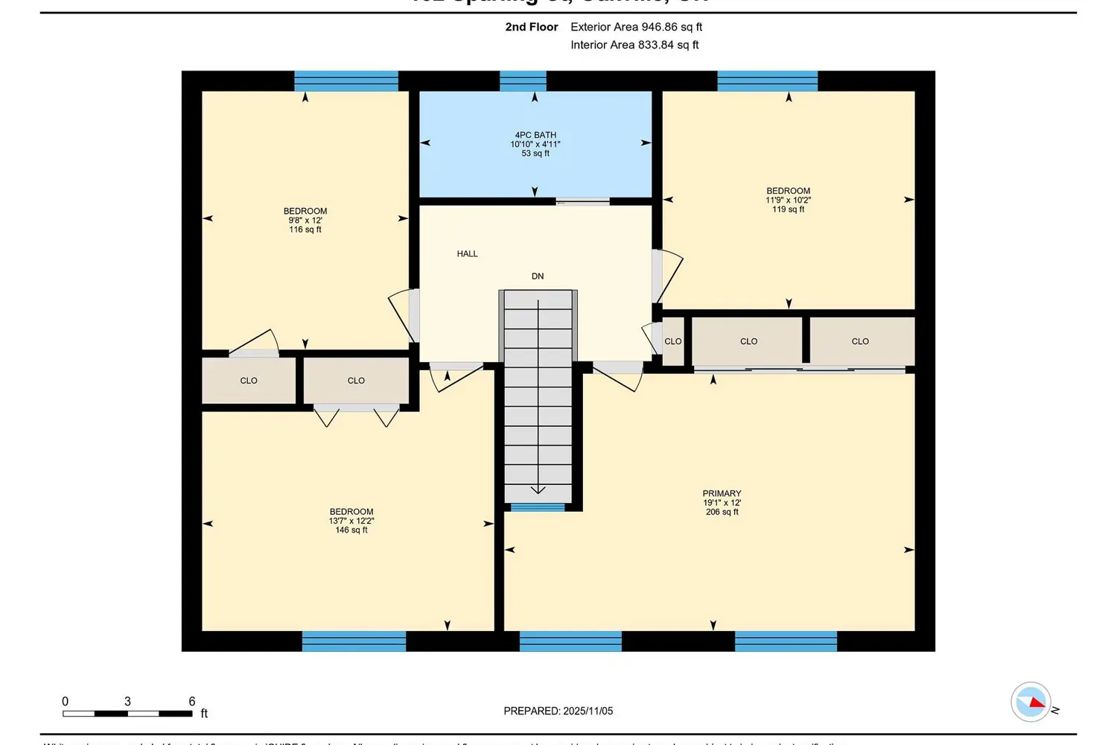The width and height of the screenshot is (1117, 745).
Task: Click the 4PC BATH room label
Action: (535, 144)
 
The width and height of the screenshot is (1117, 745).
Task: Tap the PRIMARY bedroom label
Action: (722, 503)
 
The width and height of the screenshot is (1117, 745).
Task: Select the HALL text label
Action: (467, 254)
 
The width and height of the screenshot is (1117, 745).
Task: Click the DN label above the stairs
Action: (538, 276)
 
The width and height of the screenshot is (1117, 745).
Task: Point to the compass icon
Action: (1031, 702)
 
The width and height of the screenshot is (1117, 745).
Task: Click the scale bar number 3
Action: (127, 702)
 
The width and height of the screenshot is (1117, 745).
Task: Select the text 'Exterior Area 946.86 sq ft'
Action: (636, 27)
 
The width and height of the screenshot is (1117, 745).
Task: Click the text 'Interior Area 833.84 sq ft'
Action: (634, 45)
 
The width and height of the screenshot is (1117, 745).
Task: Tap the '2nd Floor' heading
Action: (531, 27)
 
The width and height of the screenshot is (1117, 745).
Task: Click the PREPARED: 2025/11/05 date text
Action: (558, 711)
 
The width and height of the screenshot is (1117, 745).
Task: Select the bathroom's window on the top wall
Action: (523, 81)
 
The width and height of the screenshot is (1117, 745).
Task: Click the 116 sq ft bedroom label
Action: (305, 221)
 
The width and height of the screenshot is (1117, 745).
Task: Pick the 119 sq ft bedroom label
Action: (788, 200)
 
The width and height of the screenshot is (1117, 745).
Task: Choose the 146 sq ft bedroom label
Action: (351, 521)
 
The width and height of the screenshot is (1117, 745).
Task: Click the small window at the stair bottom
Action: (538, 508)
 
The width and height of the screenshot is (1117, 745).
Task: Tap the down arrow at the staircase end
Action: (538, 489)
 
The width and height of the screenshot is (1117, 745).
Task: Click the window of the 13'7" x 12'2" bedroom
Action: (354, 641)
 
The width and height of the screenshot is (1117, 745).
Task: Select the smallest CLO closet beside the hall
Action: (672, 341)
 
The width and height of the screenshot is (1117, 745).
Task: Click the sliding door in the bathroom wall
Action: (583, 201)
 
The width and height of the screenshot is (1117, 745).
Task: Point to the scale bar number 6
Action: (192, 702)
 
